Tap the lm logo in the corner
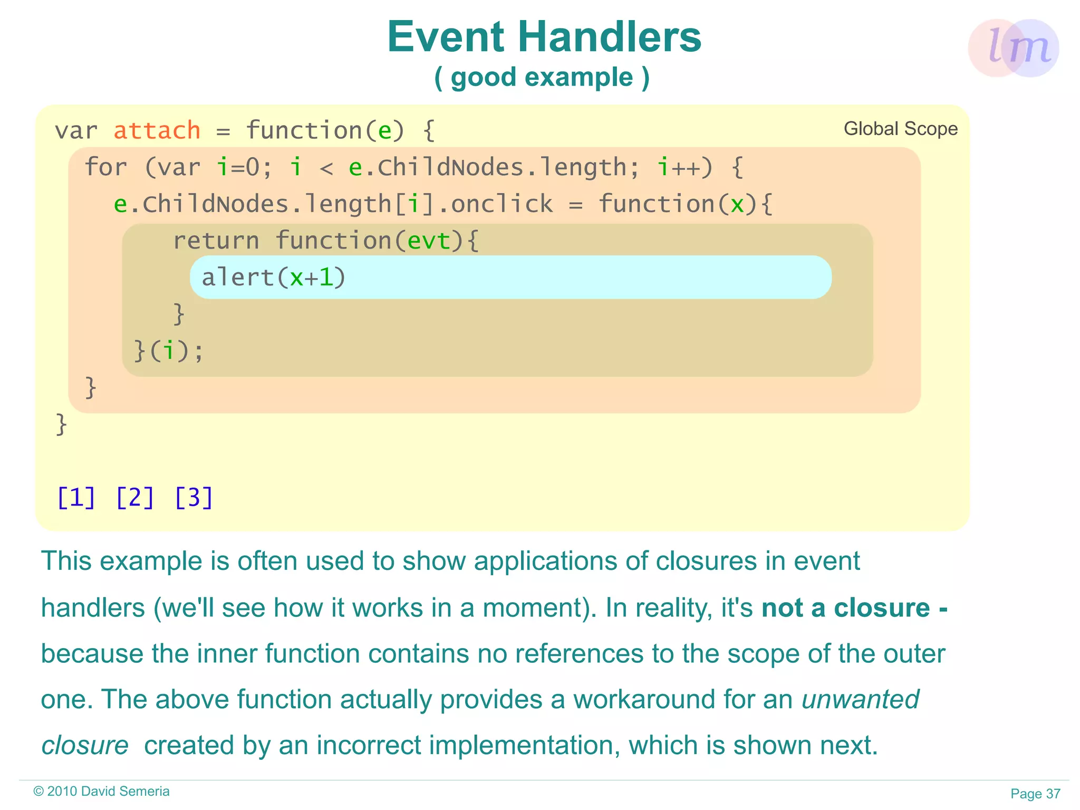(1014, 48)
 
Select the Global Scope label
(900, 129)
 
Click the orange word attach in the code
(157, 130)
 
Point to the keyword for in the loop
(105, 167)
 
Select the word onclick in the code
(502, 204)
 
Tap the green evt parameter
(429, 241)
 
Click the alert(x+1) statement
(273, 278)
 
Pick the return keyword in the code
(216, 241)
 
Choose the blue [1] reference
(76, 498)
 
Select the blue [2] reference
(135, 498)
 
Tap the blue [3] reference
(194, 498)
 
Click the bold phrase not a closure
(845, 608)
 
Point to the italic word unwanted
(860, 700)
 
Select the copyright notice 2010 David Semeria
(102, 792)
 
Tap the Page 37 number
(1035, 794)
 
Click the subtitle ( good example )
(542, 78)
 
